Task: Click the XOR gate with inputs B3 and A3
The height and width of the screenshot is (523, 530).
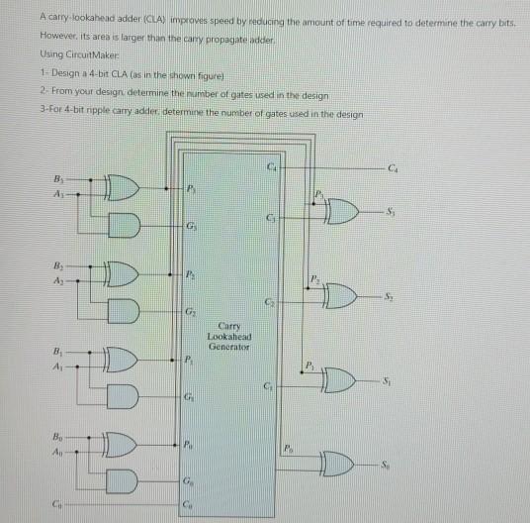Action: click(123, 187)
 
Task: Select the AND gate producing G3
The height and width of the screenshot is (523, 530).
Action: click(125, 225)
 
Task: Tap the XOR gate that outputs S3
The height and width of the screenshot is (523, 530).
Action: click(341, 212)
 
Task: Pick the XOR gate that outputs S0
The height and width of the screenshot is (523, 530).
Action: click(337, 464)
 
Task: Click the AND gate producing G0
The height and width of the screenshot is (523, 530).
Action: click(122, 481)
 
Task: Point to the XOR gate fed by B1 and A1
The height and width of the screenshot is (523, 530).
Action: click(121, 360)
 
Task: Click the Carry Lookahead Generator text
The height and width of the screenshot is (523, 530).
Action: click(229, 337)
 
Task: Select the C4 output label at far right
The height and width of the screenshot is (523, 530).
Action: click(393, 168)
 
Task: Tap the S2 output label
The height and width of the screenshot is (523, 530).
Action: click(389, 296)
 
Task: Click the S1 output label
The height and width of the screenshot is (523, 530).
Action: click(387, 381)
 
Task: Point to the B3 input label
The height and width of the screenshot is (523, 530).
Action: click(58, 178)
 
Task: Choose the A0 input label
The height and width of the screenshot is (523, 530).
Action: click(57, 452)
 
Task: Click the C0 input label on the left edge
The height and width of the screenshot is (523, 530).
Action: click(56, 504)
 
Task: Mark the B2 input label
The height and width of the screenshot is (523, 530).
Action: click(58, 265)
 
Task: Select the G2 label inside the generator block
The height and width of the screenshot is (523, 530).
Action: click(190, 311)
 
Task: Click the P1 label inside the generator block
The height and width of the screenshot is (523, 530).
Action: click(189, 360)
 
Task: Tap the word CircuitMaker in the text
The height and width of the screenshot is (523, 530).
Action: click(92, 54)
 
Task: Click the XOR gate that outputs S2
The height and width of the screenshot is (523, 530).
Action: click(340, 296)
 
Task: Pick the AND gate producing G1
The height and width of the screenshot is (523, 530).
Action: click(123, 396)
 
